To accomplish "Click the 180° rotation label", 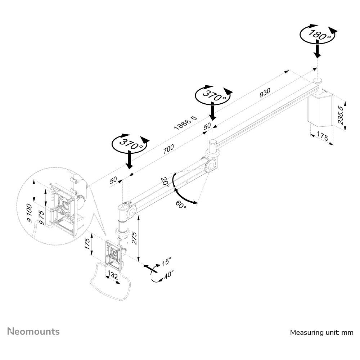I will point(317,35).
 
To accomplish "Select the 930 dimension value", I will point(265,93).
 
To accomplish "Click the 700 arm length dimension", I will point(168,149).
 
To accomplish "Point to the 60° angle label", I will point(181,205).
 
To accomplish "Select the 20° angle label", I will point(165,181).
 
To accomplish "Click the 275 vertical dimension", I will point(134,238).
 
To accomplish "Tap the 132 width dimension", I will point(113,276).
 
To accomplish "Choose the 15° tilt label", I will point(166,261).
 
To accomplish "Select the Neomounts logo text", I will point(33,331).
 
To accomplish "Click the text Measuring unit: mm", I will point(321,332).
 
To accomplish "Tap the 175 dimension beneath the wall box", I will point(323,137).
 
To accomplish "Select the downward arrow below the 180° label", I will point(317,50).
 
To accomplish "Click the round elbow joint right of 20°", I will point(210,165).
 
